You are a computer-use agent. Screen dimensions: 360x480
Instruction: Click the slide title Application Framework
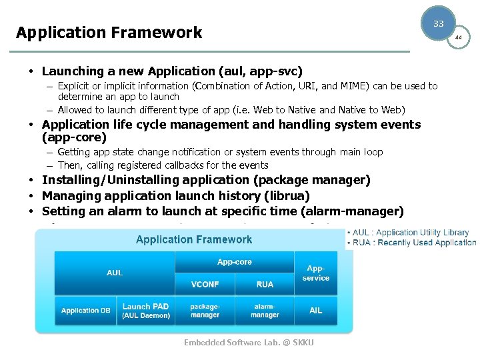(x=109, y=33)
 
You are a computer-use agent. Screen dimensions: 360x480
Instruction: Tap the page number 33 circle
(x=438, y=23)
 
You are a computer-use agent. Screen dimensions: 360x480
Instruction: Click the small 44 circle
(x=458, y=37)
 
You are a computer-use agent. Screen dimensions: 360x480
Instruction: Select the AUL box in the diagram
(x=114, y=273)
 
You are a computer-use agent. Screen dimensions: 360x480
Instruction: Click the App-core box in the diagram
(x=234, y=262)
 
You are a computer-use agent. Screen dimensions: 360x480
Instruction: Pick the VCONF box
(x=205, y=284)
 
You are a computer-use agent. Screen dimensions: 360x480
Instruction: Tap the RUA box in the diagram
(x=265, y=284)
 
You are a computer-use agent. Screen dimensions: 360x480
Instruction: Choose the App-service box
(x=315, y=273)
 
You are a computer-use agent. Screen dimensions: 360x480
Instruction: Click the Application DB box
(x=86, y=311)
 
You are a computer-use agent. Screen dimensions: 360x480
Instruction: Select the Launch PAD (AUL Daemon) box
(x=146, y=311)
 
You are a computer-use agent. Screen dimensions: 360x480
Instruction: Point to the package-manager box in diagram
(x=205, y=311)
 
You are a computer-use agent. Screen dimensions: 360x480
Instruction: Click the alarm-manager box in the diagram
(x=265, y=311)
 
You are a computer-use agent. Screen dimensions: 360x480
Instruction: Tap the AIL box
(x=315, y=311)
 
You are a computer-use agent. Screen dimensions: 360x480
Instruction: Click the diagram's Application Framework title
(x=194, y=239)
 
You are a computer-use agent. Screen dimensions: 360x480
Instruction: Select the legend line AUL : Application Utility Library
(x=411, y=233)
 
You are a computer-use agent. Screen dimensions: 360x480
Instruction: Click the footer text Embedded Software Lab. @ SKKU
(x=249, y=343)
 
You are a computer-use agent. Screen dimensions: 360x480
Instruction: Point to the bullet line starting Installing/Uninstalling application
(x=206, y=180)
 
